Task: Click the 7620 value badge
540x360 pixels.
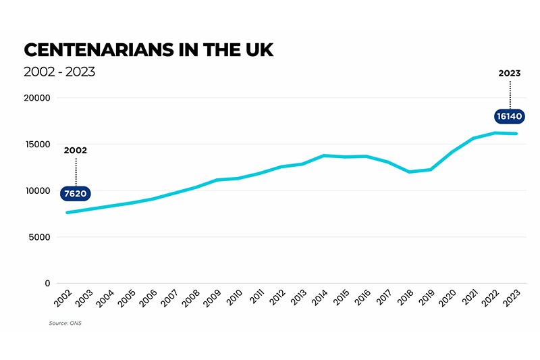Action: (76, 194)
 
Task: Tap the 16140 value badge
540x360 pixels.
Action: (510, 116)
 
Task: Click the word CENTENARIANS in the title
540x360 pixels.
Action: (99, 50)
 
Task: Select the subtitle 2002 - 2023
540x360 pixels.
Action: (59, 72)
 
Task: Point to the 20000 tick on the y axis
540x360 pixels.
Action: (37, 98)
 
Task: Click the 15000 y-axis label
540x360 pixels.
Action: (38, 145)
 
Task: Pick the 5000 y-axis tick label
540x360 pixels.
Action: (40, 237)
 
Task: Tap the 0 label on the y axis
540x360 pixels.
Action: (47, 284)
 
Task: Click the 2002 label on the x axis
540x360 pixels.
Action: (63, 298)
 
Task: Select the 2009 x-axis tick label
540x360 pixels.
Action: (212, 298)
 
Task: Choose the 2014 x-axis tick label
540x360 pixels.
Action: (319, 298)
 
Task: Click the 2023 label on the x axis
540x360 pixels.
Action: (512, 298)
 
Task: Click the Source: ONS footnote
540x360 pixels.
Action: (65, 323)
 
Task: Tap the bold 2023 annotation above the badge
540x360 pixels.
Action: (510, 74)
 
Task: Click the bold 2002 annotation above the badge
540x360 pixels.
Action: (76, 151)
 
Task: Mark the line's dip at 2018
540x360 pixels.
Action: (409, 172)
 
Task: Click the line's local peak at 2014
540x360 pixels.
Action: (324, 156)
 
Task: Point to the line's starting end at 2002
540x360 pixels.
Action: (67, 213)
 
